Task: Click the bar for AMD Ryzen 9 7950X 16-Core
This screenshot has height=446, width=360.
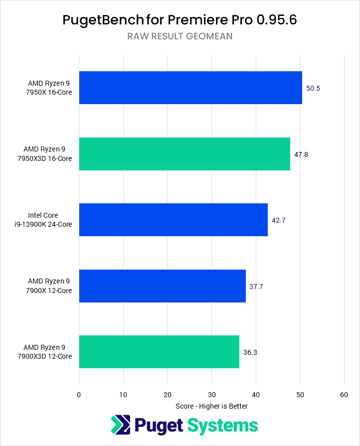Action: [x=190, y=88]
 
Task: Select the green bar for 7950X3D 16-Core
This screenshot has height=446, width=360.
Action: [x=184, y=154]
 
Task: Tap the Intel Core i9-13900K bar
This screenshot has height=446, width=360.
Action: [x=173, y=220]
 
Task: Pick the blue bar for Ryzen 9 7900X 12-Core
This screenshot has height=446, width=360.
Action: [x=162, y=286]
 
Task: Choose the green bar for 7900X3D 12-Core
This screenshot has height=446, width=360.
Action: [x=159, y=352]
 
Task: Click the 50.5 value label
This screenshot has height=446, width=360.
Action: [x=313, y=88]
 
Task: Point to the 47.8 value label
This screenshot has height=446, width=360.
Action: [x=301, y=154]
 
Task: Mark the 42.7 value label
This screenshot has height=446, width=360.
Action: [x=279, y=220]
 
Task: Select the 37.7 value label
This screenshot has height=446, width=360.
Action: [x=256, y=287]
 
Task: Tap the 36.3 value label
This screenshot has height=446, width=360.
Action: [x=250, y=352]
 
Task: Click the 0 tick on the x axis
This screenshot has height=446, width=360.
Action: [x=79, y=395]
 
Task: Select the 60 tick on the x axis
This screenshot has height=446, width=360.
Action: [x=344, y=395]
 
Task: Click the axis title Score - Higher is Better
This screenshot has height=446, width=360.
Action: [x=211, y=406]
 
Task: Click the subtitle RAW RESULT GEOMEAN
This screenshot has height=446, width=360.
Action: [x=180, y=36]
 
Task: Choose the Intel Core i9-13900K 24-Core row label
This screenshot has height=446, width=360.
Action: [x=50, y=220]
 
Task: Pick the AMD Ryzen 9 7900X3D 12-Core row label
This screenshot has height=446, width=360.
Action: [x=47, y=352]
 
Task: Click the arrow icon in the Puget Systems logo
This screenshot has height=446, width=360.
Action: [x=121, y=426]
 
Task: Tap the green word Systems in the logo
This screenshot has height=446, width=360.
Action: [x=222, y=426]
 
